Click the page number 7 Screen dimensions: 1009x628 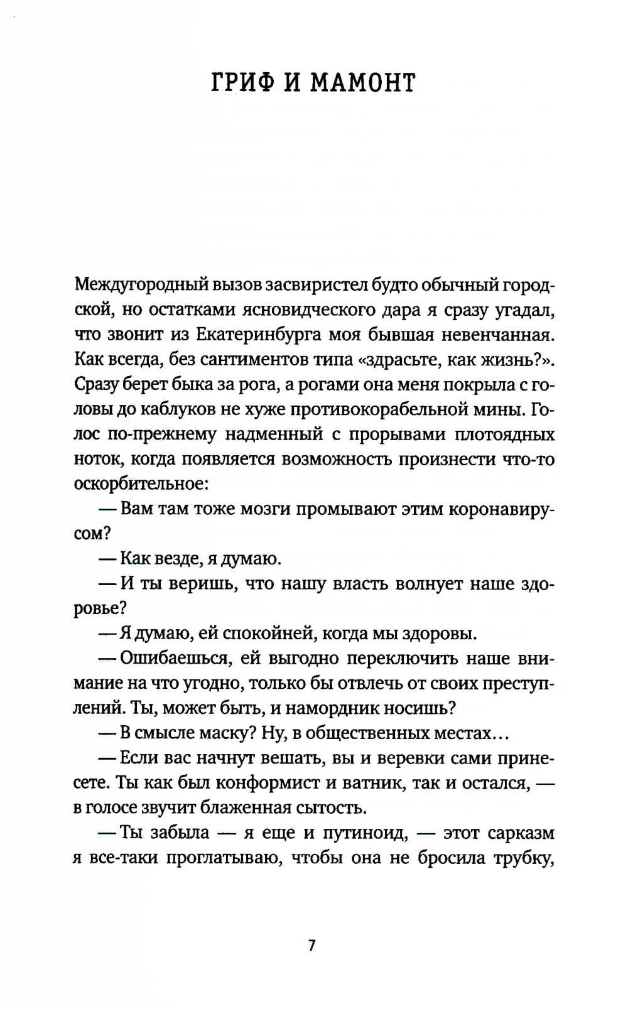point(311,945)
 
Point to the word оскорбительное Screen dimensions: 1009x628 point(136,484)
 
